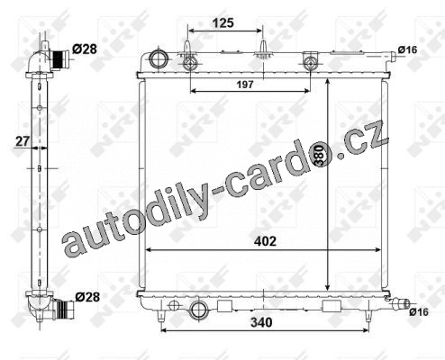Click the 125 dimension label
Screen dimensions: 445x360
223,22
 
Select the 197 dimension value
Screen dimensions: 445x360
245,85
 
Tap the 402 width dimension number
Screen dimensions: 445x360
265,241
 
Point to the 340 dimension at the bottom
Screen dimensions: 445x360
261,322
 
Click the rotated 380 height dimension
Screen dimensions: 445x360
321,155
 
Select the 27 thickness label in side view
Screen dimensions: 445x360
23,141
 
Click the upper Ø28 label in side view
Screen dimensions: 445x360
85,49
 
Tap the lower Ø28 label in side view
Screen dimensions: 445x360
87,297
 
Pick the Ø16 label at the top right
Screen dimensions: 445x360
408,49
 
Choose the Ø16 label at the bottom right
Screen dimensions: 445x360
419,312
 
